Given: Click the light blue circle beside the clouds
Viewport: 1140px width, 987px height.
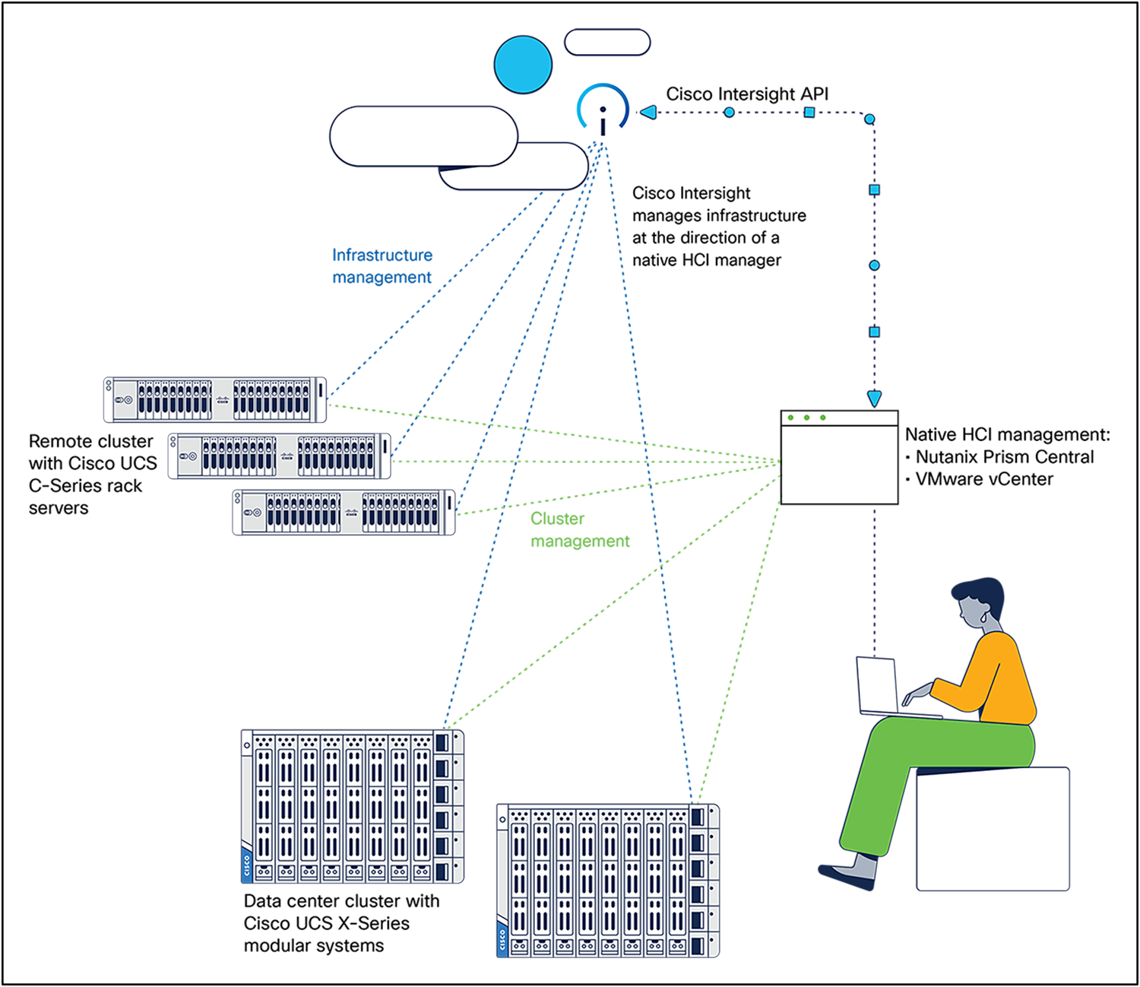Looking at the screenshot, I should tap(523, 64).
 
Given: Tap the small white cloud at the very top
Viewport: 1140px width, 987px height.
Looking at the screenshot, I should tap(607, 43).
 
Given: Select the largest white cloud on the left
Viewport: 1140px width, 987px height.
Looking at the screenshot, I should tap(423, 136).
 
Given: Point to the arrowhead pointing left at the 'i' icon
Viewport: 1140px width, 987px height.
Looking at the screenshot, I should tap(648, 113).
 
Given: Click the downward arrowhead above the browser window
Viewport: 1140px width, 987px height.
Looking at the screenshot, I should tap(874, 398).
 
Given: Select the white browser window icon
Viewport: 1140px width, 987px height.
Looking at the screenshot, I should tap(839, 458).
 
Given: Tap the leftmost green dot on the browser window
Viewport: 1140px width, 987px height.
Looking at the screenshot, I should tap(791, 418).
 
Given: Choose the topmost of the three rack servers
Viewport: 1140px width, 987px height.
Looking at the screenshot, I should tap(215, 399).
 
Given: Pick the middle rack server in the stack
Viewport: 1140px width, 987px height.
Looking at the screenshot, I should tap(279, 456).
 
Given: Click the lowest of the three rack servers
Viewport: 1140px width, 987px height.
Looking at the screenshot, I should tap(344, 512).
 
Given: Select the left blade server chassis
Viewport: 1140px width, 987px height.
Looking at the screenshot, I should tap(352, 807).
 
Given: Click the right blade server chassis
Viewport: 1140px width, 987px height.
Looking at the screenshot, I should tap(607, 881).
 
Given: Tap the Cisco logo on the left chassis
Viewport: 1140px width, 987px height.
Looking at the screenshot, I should tap(246, 866).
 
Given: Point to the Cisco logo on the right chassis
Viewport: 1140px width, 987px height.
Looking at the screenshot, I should tap(502, 940).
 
